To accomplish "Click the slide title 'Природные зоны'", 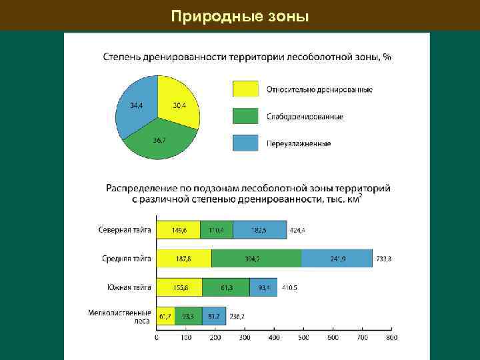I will (240, 15).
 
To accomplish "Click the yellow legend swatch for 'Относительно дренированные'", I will (245, 89).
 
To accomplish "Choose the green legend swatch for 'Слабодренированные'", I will (245, 116).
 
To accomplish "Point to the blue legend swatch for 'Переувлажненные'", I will (245, 143).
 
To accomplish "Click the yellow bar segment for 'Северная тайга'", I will (178, 230).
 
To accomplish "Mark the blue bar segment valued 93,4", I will (263, 287).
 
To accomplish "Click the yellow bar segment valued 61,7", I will (166, 316).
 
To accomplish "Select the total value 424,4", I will (298, 230).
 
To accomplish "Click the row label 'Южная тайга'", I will (129, 287).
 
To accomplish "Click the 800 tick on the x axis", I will (392, 338).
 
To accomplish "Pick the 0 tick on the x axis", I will (157, 338).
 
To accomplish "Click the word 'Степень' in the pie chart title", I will (121, 57).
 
